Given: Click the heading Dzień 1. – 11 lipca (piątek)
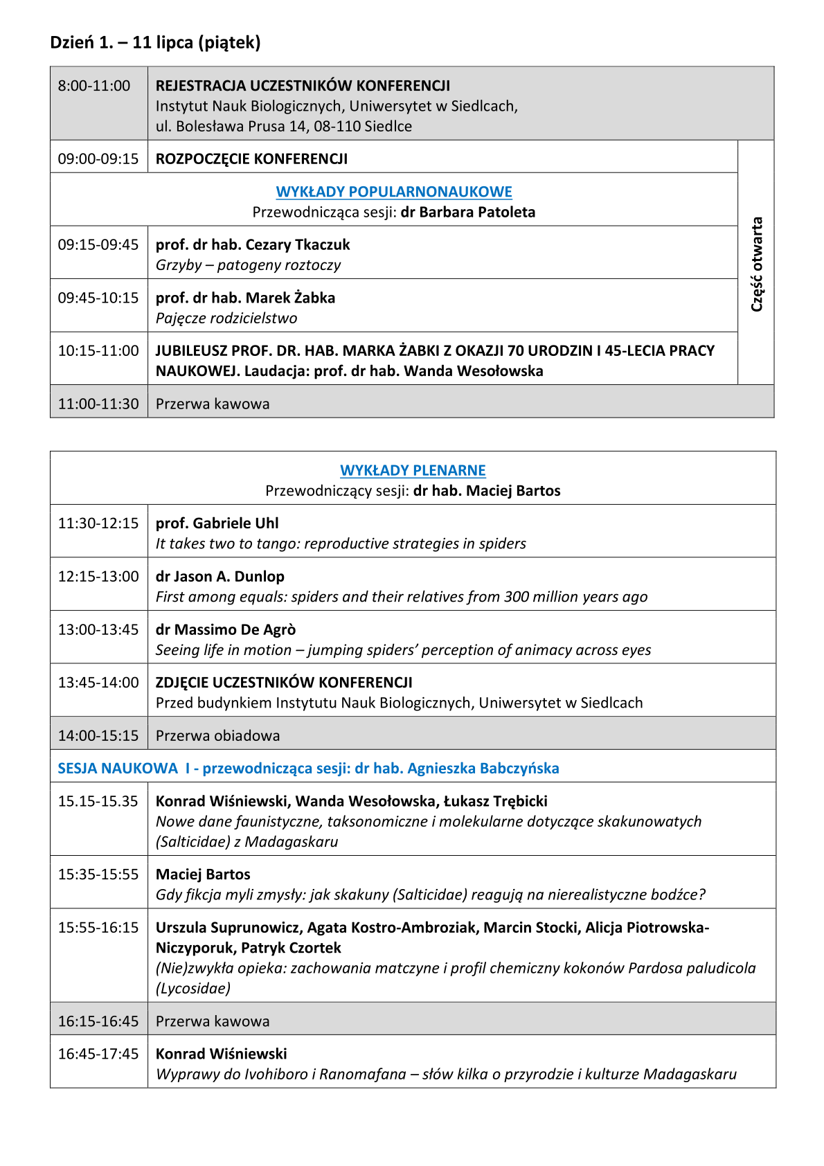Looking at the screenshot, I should [x=155, y=43].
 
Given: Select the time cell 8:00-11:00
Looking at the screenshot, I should [x=94, y=86].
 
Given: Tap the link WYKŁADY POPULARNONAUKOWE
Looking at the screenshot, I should [x=394, y=192].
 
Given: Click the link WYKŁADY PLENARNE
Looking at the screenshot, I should [x=413, y=470].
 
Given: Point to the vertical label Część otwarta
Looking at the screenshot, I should [x=757, y=264].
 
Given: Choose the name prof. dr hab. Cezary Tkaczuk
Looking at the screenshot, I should [x=253, y=244].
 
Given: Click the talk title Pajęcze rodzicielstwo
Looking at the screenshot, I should [x=226, y=319].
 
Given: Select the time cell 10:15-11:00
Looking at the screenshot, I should [x=98, y=351].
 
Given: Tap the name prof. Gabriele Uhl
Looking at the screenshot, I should [x=217, y=523].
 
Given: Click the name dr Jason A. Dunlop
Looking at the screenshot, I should [x=220, y=576].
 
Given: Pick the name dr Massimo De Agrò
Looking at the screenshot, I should [x=226, y=629].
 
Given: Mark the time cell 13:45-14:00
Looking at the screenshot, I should [x=98, y=683].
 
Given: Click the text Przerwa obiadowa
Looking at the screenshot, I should [x=217, y=735].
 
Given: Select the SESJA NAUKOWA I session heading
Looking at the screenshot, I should [x=308, y=768].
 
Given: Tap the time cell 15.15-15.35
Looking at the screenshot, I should [x=98, y=801].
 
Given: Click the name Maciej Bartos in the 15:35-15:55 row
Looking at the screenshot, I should [x=203, y=874].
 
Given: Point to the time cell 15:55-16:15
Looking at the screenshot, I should [x=98, y=928].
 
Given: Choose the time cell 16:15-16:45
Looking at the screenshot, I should [x=98, y=1021].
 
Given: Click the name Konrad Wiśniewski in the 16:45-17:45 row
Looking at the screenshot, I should [x=221, y=1054].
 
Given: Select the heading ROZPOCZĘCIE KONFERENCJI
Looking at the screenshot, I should [x=251, y=159].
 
